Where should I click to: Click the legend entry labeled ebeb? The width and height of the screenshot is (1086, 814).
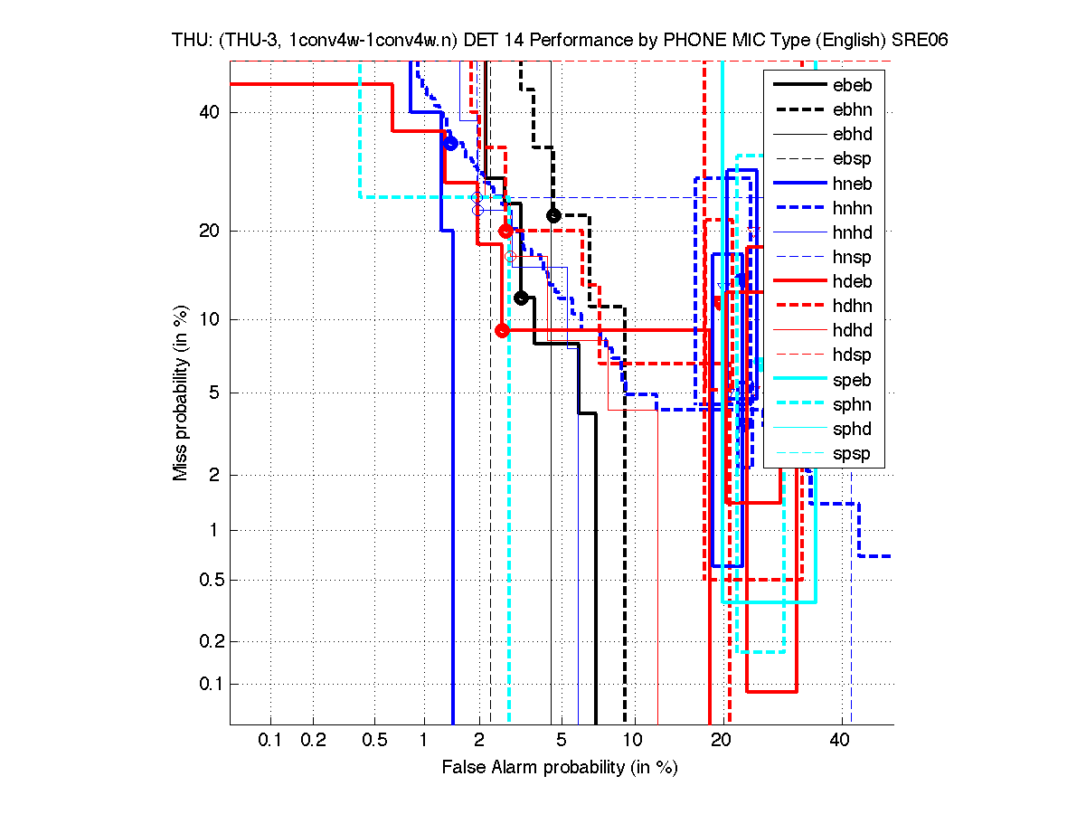click(854, 86)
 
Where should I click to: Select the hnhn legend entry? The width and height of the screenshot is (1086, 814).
click(854, 208)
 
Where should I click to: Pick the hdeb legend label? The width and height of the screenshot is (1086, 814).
click(854, 281)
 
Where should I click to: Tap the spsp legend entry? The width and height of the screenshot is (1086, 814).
click(854, 453)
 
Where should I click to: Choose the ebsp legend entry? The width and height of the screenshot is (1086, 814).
click(854, 159)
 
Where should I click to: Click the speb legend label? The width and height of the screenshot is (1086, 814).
click(854, 380)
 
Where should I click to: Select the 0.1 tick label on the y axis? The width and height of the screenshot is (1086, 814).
click(205, 684)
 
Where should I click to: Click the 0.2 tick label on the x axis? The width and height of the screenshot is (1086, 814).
click(313, 741)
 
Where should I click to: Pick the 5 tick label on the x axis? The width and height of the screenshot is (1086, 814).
click(562, 741)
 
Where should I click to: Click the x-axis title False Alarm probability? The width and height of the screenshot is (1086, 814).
click(560, 768)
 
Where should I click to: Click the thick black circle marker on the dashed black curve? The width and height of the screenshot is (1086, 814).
click(554, 215)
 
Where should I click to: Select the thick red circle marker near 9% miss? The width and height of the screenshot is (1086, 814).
click(503, 330)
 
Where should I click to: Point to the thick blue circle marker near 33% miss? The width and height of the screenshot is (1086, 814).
click(450, 143)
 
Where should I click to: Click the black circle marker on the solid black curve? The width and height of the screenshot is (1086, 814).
click(521, 298)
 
